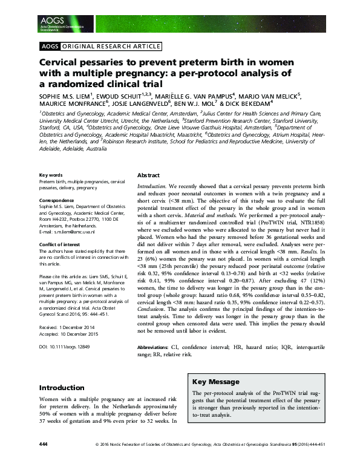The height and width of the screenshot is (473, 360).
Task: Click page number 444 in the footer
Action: click(x=43, y=461)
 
